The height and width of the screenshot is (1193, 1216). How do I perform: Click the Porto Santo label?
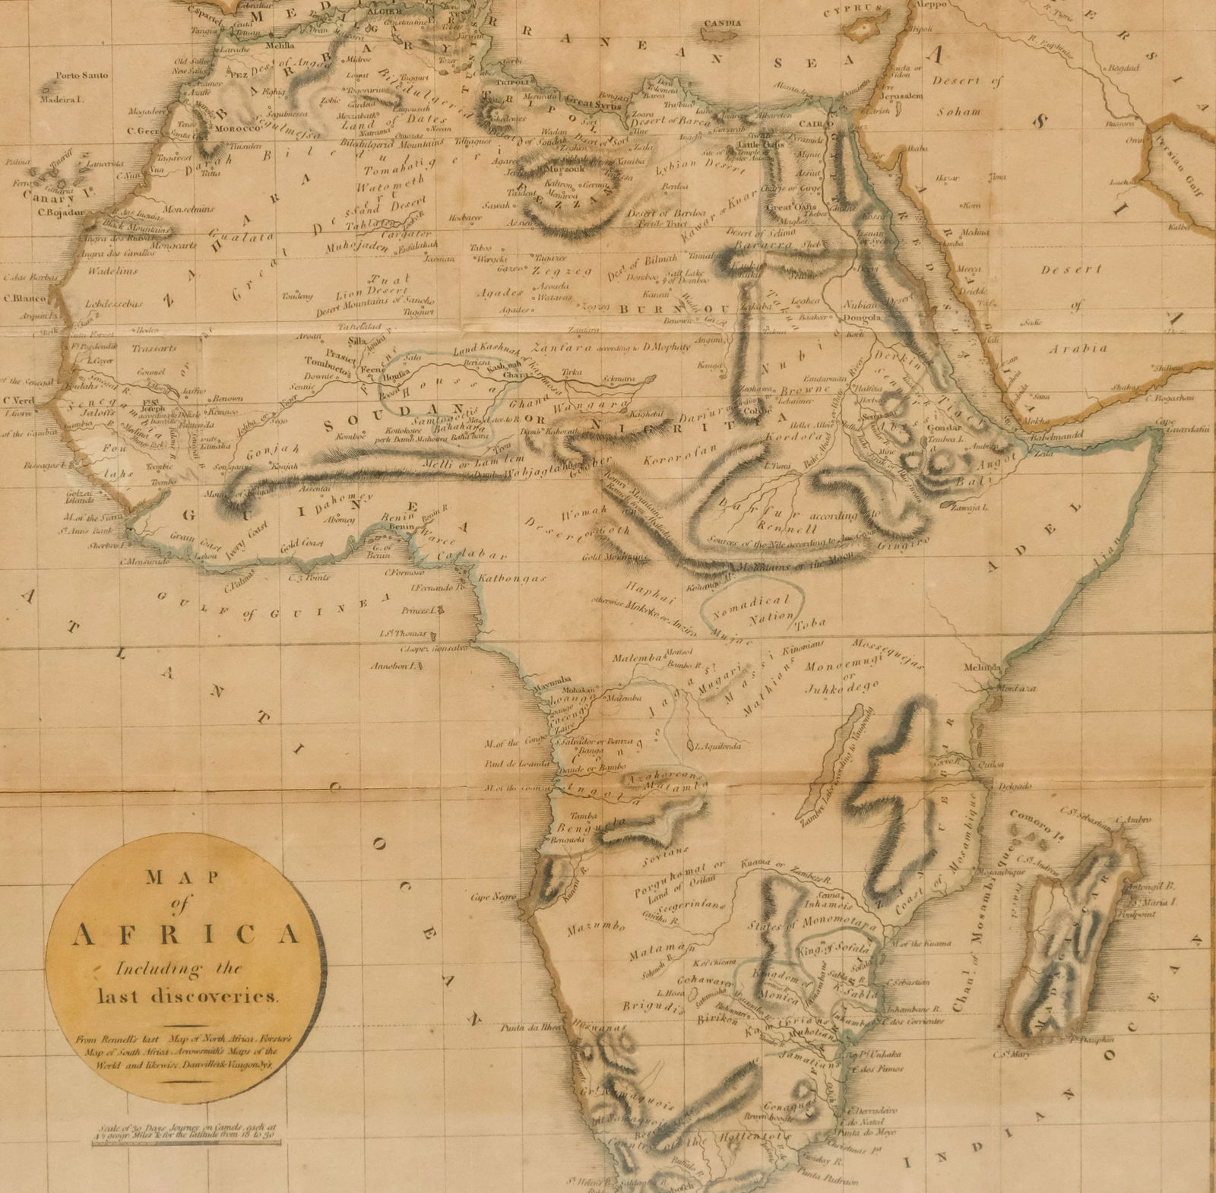(82, 75)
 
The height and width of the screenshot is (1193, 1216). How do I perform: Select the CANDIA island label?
(721, 24)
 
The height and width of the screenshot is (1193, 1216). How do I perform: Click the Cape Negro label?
(488, 897)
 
